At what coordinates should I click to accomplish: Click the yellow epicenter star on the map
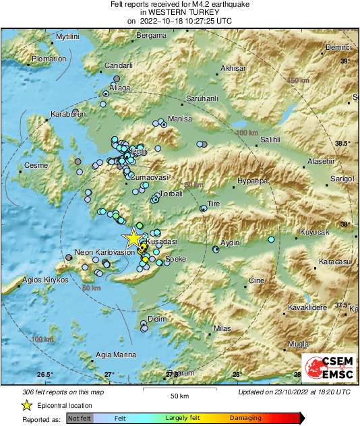click(x=133, y=237)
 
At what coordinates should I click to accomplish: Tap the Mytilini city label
click(x=73, y=36)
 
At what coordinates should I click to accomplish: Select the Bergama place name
click(x=151, y=35)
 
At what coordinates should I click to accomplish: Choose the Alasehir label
click(x=321, y=162)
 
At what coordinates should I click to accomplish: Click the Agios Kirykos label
click(x=45, y=280)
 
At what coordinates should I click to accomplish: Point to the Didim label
click(x=156, y=317)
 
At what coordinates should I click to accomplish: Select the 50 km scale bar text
click(x=179, y=396)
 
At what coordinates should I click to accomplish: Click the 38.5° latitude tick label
click(x=343, y=143)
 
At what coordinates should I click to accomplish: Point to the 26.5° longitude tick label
click(x=44, y=374)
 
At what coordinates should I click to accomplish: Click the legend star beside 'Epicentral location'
click(x=26, y=405)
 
